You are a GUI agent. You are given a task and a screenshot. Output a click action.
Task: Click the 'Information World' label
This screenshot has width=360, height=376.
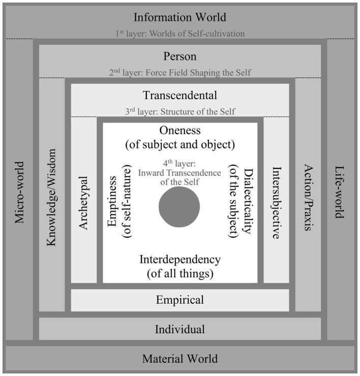(179, 17)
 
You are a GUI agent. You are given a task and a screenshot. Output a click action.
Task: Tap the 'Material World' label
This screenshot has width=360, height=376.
(179, 358)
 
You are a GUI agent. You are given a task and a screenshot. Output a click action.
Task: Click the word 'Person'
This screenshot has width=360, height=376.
(179, 56)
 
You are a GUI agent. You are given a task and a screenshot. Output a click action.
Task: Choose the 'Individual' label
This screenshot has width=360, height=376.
(179, 329)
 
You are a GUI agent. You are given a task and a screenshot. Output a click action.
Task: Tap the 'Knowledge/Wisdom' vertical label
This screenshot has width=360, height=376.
(51, 197)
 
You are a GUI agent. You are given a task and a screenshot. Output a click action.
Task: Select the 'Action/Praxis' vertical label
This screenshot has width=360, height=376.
(308, 197)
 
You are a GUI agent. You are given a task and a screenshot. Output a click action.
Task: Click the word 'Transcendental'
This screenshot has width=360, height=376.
(179, 95)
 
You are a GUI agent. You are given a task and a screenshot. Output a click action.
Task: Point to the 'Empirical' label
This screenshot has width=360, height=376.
(179, 300)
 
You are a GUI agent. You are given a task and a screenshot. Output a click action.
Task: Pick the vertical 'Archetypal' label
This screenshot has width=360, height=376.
(84, 203)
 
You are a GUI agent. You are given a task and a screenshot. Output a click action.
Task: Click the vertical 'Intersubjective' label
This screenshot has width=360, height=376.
(276, 203)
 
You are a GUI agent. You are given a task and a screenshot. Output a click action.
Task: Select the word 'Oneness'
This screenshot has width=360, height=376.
(179, 130)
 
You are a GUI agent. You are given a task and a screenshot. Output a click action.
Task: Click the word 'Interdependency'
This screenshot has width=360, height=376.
(179, 259)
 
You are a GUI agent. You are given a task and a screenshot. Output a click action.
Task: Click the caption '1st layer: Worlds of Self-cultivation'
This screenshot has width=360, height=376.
(179, 34)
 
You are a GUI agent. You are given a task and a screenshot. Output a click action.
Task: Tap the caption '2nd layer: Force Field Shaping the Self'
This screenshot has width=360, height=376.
(179, 73)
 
